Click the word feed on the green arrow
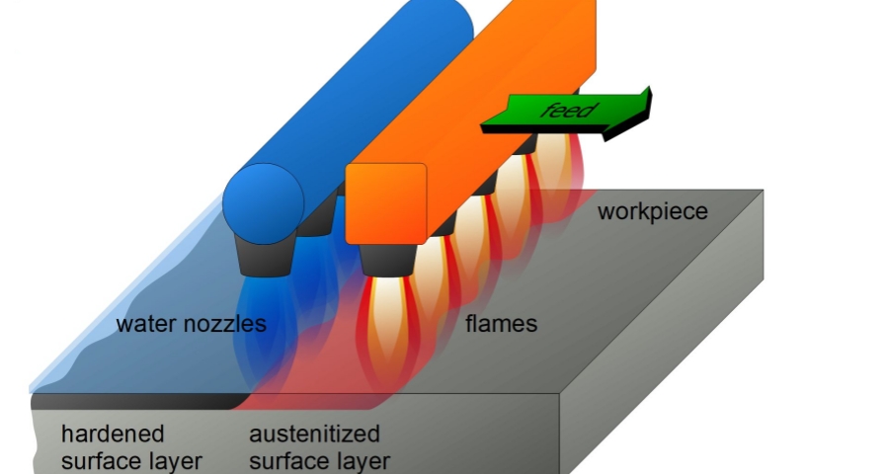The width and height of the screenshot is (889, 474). pos(568,109)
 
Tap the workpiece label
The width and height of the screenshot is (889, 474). pos(652,211)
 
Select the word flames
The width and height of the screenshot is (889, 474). pos(501,323)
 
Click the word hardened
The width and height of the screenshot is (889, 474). pos(113,434)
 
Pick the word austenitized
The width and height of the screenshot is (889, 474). pos(314,434)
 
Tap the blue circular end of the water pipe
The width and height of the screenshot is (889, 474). pos(263,201)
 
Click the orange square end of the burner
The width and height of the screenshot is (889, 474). pos(385,202)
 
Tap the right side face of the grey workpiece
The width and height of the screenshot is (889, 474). pos(672,326)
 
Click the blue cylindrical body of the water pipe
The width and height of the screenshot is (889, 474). pos(326,99)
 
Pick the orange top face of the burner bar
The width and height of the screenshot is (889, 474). pos(474,89)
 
